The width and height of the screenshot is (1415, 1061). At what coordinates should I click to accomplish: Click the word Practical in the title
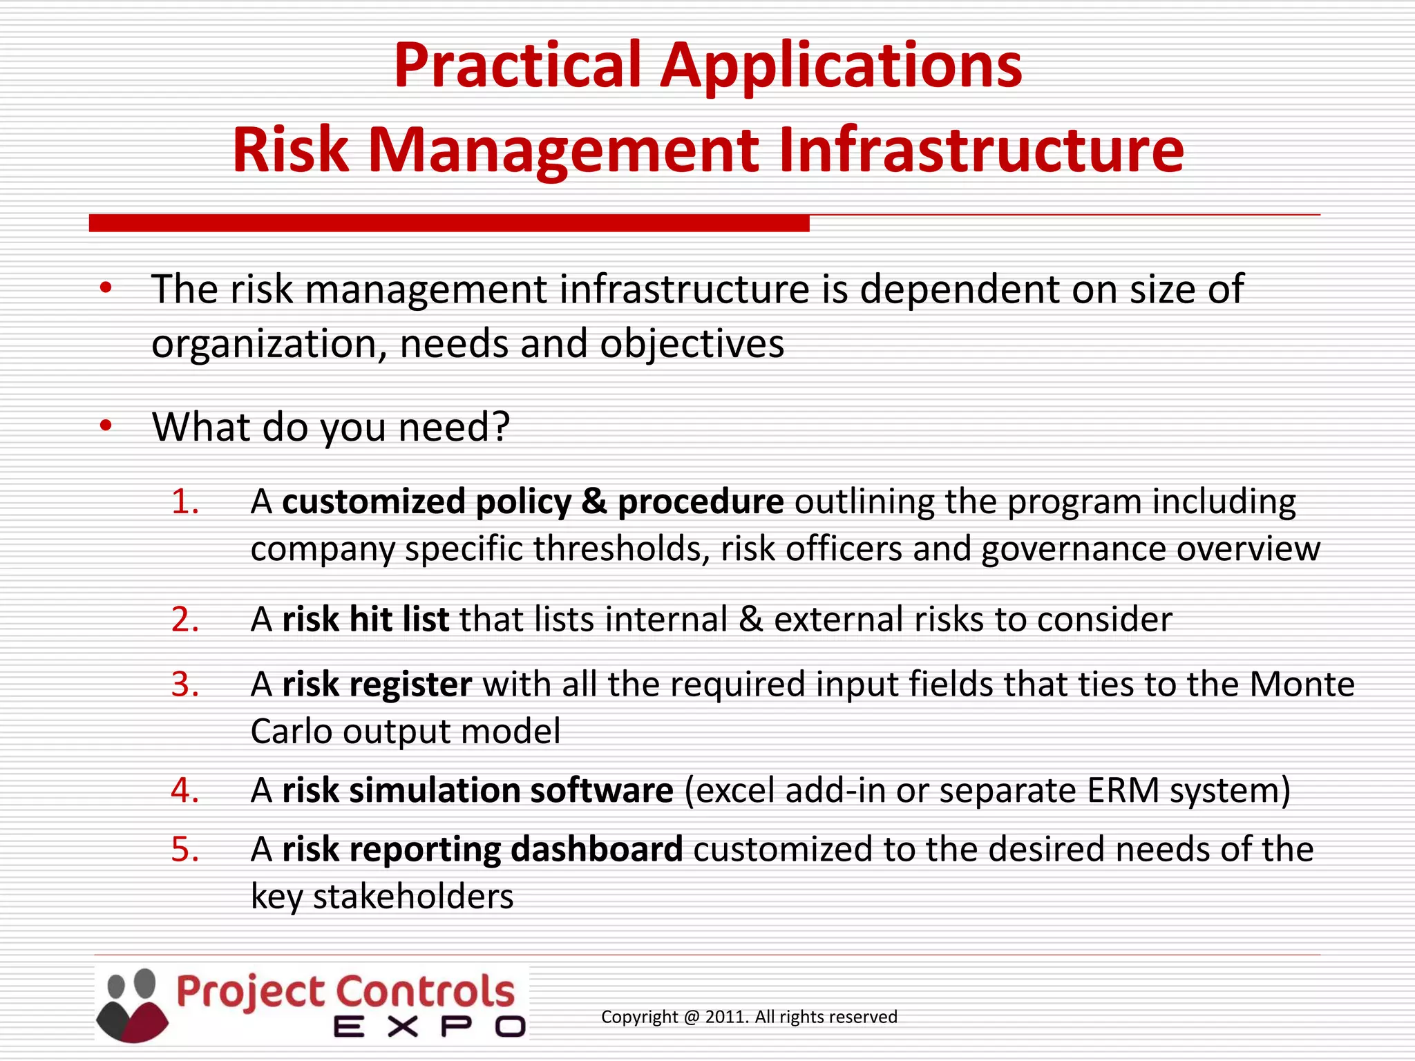518,66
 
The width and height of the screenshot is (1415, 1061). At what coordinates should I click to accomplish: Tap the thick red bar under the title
449,223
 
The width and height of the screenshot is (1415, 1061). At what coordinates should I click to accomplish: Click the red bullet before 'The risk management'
105,288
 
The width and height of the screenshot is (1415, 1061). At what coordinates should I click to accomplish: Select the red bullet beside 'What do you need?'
105,426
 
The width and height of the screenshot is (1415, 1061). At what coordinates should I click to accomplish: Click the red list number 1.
184,501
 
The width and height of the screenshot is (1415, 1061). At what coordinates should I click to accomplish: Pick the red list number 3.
184,685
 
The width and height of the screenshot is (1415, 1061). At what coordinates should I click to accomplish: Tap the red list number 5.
184,849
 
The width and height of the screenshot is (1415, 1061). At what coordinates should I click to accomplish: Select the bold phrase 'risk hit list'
365,619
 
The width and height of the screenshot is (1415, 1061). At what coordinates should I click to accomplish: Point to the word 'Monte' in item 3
1302,685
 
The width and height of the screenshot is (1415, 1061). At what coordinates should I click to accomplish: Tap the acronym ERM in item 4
1123,790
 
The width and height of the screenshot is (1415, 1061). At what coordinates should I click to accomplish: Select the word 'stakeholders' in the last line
413,897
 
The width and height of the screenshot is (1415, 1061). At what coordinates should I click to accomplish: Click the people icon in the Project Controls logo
133,1005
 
